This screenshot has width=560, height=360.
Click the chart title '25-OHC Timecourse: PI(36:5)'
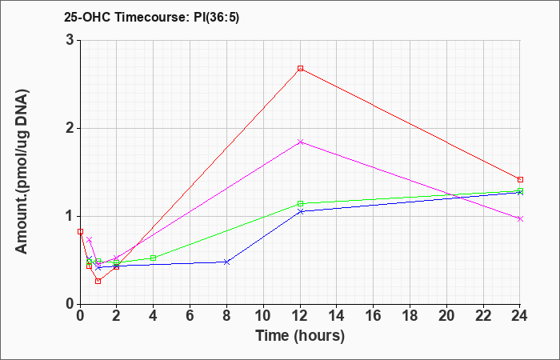tap(151, 17)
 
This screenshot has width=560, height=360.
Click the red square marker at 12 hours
tap(300, 68)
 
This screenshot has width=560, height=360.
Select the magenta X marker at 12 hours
tap(300, 142)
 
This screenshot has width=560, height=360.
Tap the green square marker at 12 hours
tap(300, 203)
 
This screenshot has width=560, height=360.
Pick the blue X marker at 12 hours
tap(300, 211)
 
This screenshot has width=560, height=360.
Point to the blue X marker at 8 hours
tap(226, 262)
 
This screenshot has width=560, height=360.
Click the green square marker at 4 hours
tap(154, 258)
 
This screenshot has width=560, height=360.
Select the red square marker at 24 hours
tap(520, 179)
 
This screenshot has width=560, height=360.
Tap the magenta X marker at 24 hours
tap(520, 218)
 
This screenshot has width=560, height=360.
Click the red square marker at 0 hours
tap(80, 231)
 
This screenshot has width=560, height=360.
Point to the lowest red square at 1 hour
tap(98, 281)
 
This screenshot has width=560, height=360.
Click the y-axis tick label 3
tap(70, 40)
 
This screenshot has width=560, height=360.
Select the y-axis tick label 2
tap(70, 128)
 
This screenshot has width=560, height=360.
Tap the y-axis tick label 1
tap(70, 217)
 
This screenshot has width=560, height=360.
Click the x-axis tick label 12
tap(300, 316)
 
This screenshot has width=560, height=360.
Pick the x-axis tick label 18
tap(410, 316)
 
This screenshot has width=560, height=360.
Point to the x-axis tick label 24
tap(520, 316)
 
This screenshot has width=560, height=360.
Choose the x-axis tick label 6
tap(190, 316)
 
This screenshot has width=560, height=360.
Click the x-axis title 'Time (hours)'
tap(300, 336)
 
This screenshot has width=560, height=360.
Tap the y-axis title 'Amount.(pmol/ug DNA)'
tap(22, 172)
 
